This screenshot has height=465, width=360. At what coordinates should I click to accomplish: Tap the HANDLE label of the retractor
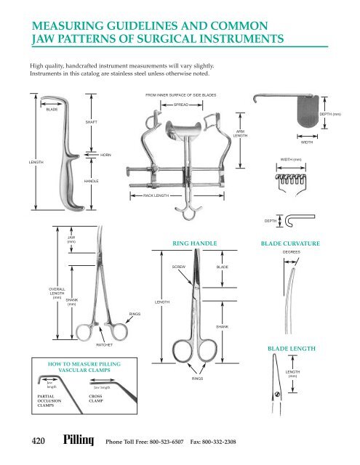click(92, 180)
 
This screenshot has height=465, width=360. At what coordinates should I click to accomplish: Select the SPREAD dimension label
click(182, 105)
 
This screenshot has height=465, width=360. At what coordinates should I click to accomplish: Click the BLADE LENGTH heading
click(292, 349)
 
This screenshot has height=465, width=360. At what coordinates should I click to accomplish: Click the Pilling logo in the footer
click(79, 440)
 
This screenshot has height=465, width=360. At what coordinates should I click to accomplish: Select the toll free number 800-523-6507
click(156, 442)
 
